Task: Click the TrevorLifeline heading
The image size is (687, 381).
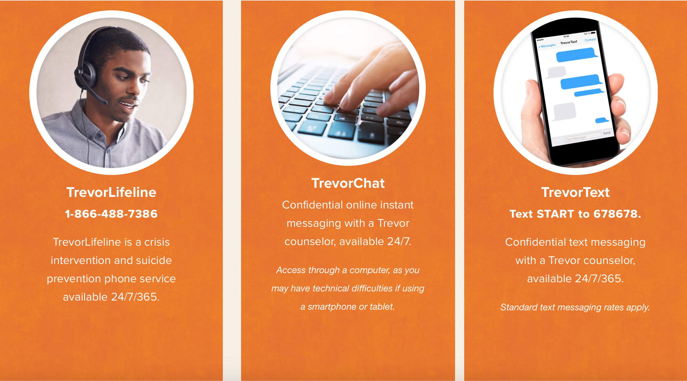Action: pyautogui.click(x=111, y=192)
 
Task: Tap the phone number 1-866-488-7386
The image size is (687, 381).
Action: pyautogui.click(x=111, y=214)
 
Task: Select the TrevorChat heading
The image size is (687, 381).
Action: pyautogui.click(x=348, y=183)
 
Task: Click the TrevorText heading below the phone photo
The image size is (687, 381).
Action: pyautogui.click(x=575, y=192)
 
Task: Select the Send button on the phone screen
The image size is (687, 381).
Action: pyautogui.click(x=607, y=133)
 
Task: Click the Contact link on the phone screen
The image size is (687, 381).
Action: pyautogui.click(x=590, y=40)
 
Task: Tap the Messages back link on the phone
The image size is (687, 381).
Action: pyautogui.click(x=547, y=46)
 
